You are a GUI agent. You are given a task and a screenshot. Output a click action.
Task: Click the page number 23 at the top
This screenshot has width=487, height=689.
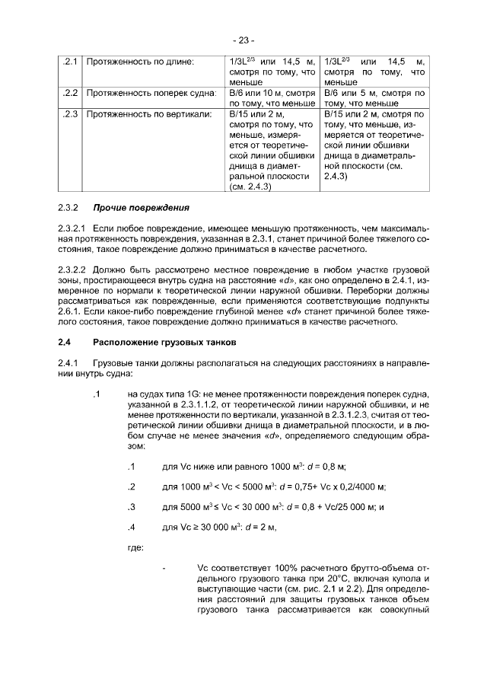[243, 40]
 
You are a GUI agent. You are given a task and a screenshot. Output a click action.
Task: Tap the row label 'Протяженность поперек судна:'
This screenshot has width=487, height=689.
[150, 93]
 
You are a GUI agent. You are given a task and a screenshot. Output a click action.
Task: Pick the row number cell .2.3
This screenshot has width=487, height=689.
[70, 114]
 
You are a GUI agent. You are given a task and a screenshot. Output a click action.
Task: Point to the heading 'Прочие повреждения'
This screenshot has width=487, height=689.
[141, 207]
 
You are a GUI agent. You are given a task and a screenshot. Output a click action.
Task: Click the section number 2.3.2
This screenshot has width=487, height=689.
[69, 207]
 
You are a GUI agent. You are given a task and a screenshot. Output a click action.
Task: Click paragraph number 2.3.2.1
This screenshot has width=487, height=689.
[73, 228]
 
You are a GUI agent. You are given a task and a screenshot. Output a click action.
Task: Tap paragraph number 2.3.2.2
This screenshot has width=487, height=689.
[73, 270]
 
